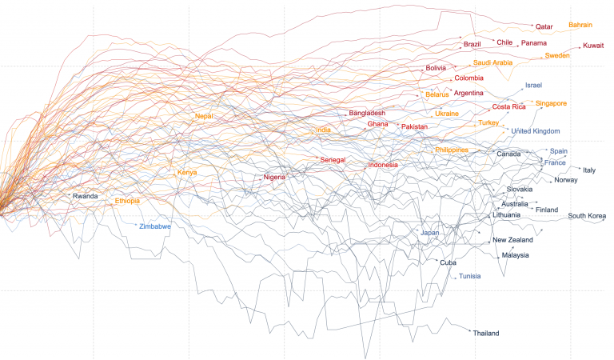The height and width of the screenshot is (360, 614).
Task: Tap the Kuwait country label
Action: pos(593,46)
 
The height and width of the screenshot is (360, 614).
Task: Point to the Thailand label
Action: pos(486,333)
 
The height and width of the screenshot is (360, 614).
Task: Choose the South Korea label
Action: pos(587,216)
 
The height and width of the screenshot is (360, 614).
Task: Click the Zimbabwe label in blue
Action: pos(155,226)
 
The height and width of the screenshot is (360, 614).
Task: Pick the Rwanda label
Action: pos(85,196)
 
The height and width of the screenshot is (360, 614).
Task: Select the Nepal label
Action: pos(204,116)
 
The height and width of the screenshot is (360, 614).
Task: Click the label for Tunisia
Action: pos(470,277)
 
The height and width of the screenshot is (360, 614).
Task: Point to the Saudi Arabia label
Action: pos(492,62)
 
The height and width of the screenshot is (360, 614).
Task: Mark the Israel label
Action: pos(533,86)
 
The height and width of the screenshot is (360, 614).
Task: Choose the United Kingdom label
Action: pos(536,131)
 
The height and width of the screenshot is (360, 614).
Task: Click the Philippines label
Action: pos(452,150)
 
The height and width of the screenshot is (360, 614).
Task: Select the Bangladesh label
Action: pos(367,114)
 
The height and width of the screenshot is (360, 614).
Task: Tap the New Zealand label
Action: pos(512,240)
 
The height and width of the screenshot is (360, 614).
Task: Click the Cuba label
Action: pos(448,262)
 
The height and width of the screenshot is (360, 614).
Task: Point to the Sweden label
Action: pos(556,55)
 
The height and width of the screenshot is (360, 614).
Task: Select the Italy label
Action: pos(589,170)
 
